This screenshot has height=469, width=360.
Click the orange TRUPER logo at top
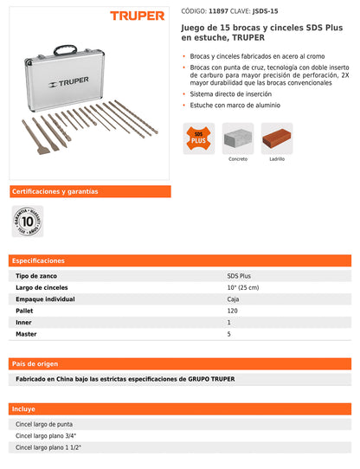click(137, 15)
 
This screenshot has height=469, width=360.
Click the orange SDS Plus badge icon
click(198, 138)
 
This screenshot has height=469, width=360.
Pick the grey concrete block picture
click(238, 138)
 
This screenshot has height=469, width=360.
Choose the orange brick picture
click(277, 138)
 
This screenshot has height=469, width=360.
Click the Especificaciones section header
click(39, 260)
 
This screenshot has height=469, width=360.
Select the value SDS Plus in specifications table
click(240, 275)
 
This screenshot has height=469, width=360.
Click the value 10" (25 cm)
click(243, 287)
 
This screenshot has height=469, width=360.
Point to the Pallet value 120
click(233, 310)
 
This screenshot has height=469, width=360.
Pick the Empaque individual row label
click(45, 299)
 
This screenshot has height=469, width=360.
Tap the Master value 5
click(229, 333)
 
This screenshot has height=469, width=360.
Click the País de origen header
click(35, 364)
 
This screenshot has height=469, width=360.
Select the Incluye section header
click(24, 408)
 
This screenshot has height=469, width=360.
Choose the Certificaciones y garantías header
click(55, 191)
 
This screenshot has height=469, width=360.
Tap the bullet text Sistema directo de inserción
click(228, 93)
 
